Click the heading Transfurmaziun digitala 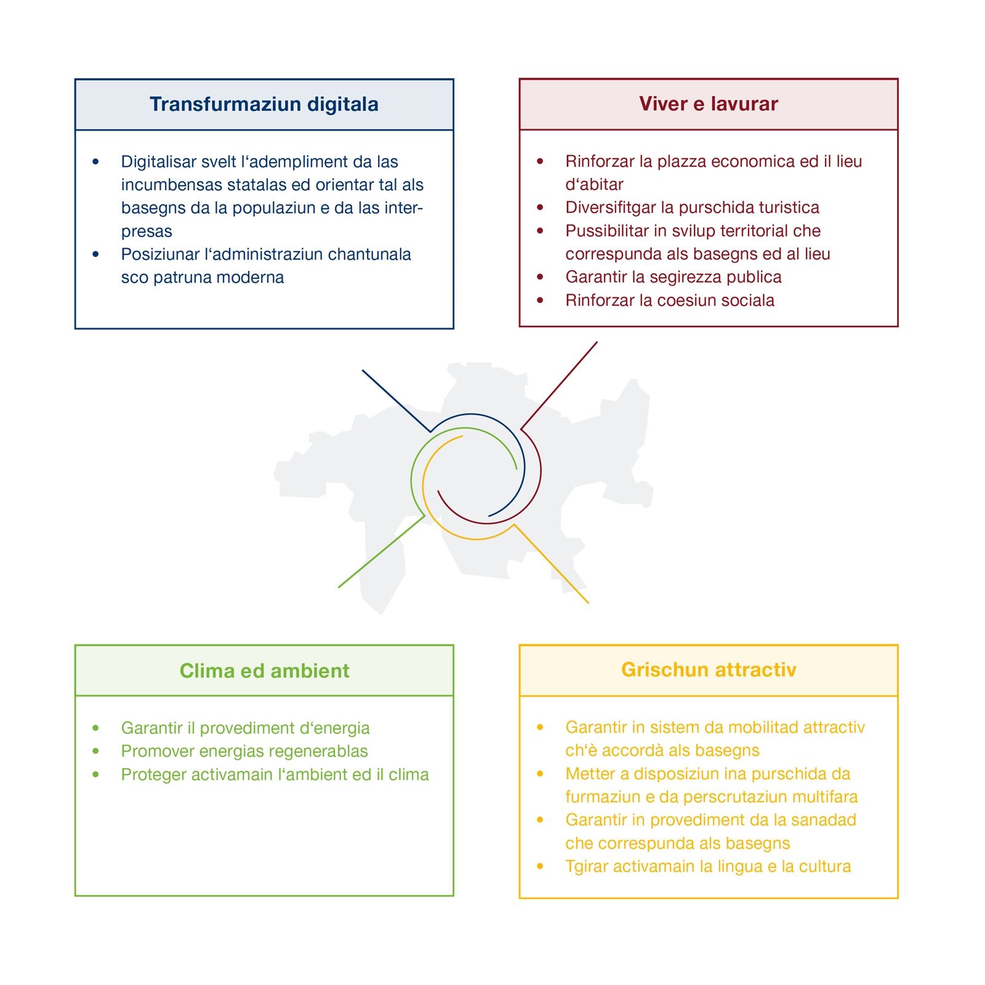(263, 104)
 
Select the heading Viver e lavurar (708, 103)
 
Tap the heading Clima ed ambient (264, 670)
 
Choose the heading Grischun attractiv (708, 669)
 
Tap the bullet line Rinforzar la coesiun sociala (670, 300)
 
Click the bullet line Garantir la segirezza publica (673, 277)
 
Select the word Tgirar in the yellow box (587, 867)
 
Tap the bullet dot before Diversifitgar (540, 207)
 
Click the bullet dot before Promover (95, 751)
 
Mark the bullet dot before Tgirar (540, 866)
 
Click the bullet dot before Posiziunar (95, 254)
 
